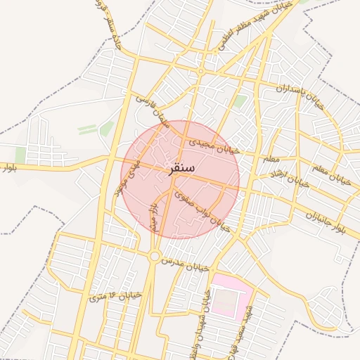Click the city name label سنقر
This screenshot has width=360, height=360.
click(x=183, y=169)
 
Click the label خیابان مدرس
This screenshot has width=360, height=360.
click(x=186, y=264)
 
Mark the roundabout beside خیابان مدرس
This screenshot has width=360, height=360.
click(x=155, y=256)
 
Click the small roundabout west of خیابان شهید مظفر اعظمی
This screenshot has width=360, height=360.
click(x=201, y=71)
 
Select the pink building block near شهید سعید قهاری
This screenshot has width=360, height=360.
click(x=232, y=295)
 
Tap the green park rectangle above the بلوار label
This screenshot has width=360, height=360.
click(x=20, y=155)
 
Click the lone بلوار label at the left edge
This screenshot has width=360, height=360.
click(x=8, y=169)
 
